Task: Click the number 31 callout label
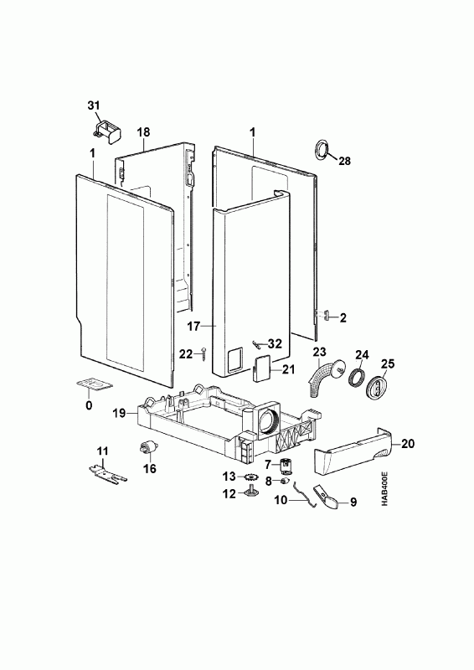coord(94,106)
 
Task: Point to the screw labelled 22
coord(204,354)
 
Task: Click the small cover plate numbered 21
coord(261,368)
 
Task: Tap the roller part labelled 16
coord(147,449)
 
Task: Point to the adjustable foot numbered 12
coord(249,492)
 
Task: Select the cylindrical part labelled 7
coord(285,466)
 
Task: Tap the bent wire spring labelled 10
coord(305,496)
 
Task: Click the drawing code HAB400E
coord(384,489)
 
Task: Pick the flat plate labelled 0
coord(95,384)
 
